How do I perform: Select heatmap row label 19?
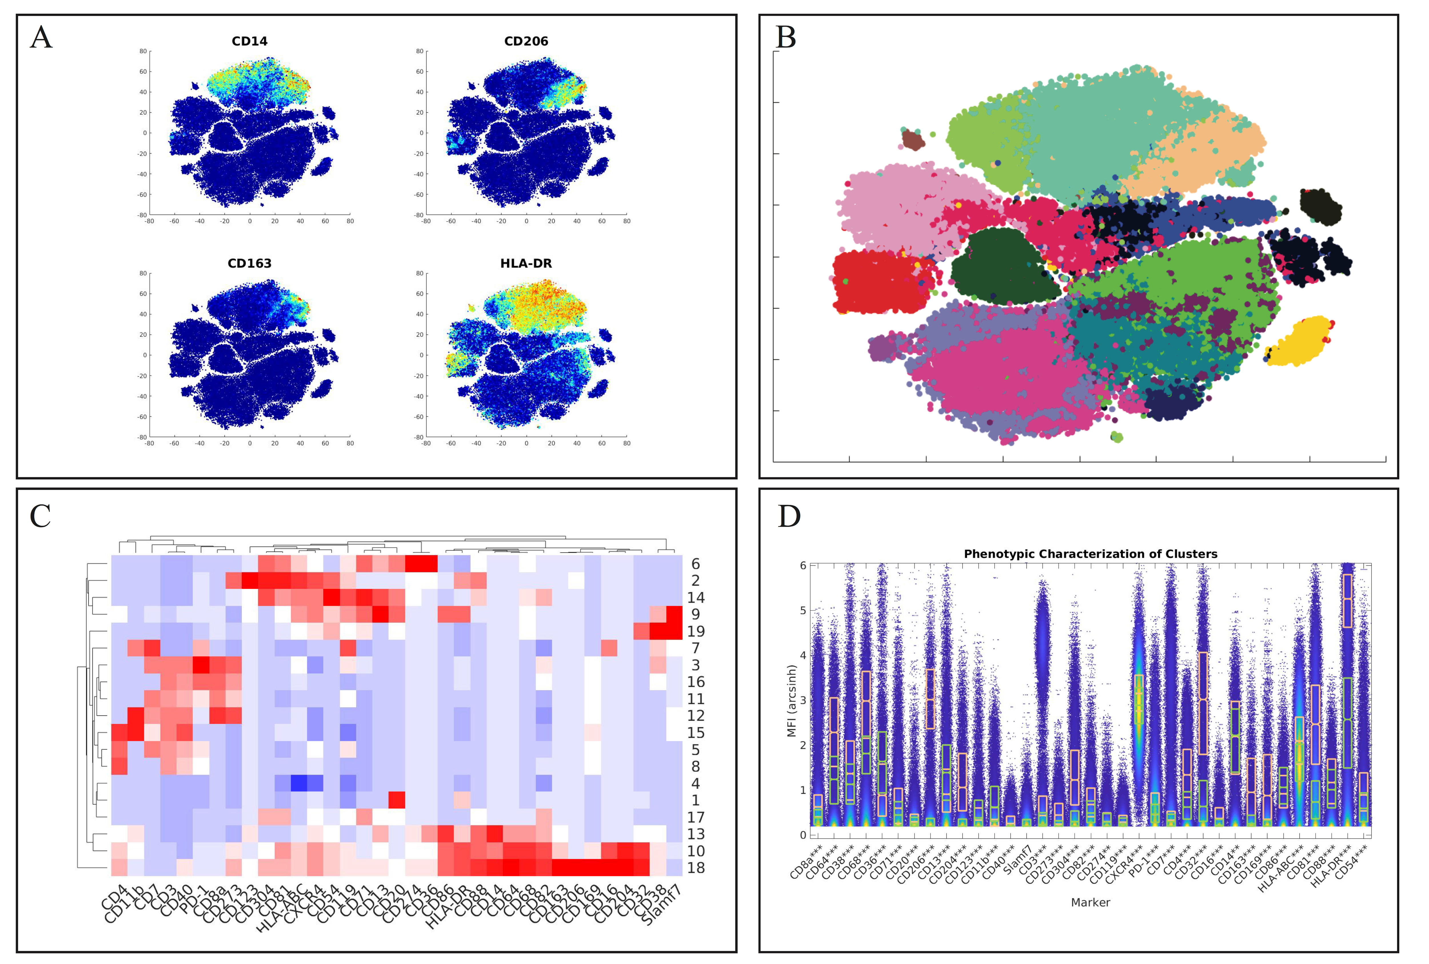click(x=696, y=632)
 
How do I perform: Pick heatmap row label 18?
click(x=696, y=867)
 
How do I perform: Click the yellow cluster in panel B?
click(x=1300, y=341)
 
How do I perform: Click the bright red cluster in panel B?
click(x=879, y=282)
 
